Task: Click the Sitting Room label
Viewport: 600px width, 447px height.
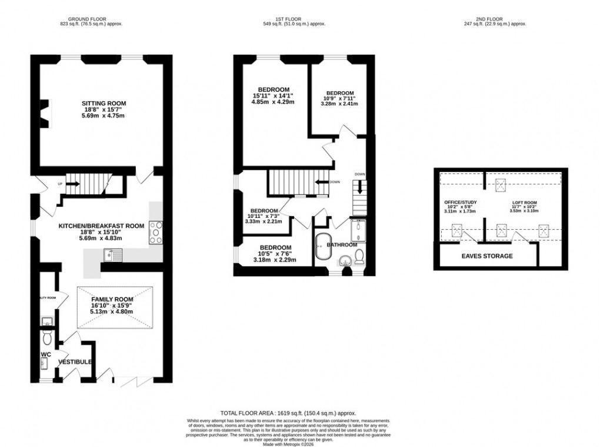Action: [104, 104]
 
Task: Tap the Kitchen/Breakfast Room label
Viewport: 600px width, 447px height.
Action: [101, 226]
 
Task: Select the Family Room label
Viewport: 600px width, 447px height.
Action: [112, 299]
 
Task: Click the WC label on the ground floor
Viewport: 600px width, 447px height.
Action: [46, 355]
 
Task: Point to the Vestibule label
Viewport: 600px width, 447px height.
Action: [75, 362]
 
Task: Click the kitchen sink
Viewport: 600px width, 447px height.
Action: [110, 255]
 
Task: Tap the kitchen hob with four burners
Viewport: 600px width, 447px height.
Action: [157, 231]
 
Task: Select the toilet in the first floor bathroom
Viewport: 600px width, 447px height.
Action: [360, 256]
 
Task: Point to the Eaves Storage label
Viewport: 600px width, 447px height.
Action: [486, 256]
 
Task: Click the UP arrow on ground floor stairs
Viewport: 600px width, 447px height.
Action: [73, 184]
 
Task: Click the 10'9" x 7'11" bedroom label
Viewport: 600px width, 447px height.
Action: [340, 93]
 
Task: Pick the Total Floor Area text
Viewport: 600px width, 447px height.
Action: [288, 413]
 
